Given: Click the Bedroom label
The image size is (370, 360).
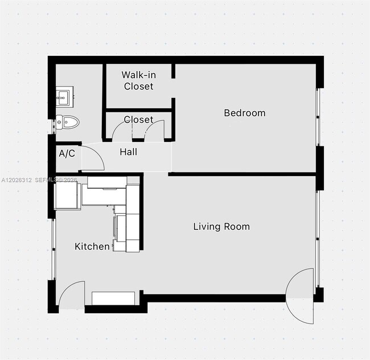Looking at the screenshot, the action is [x=245, y=113].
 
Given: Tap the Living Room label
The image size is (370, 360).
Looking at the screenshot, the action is [x=221, y=227].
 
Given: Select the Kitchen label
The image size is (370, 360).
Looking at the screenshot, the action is [x=92, y=247].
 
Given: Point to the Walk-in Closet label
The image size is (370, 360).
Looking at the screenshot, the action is [x=139, y=80].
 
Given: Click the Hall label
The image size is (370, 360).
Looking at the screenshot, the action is [x=129, y=152].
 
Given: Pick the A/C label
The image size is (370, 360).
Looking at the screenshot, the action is [x=67, y=153].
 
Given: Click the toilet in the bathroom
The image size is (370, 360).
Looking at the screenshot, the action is [x=68, y=122].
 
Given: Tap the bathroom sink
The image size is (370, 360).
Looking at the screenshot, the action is [x=65, y=97].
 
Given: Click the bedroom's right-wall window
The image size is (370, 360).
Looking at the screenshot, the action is [x=318, y=117].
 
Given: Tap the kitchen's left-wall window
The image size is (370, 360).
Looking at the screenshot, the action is [x=54, y=249].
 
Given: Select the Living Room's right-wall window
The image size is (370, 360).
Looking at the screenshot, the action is [x=318, y=239].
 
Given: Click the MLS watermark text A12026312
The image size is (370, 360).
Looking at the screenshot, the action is [x=17, y=180].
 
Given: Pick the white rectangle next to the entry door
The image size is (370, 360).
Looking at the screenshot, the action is [x=113, y=298].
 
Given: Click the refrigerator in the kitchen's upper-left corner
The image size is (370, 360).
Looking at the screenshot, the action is [x=68, y=196].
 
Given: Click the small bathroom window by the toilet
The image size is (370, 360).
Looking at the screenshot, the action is [x=54, y=127].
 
